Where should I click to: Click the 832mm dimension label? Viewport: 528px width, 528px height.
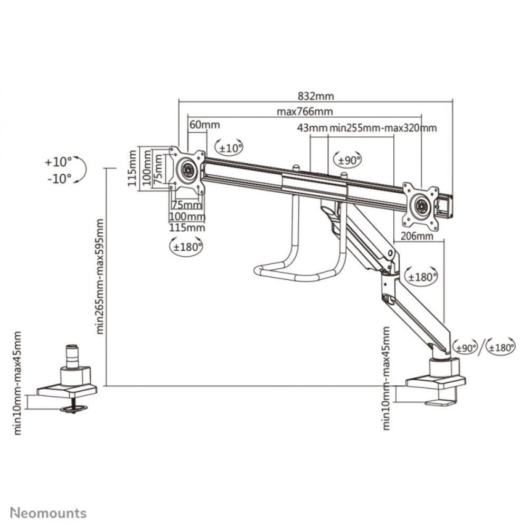(x=316, y=96)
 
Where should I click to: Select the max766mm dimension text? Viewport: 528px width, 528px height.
(x=305, y=111)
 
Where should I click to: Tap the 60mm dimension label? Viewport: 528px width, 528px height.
(x=204, y=125)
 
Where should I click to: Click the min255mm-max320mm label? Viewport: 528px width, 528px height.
(x=383, y=128)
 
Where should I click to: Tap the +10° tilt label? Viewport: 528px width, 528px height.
(x=58, y=162)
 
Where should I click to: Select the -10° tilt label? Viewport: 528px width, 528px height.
(x=58, y=178)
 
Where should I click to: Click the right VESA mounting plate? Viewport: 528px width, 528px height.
(x=420, y=206)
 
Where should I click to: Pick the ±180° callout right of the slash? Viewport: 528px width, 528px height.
(x=501, y=347)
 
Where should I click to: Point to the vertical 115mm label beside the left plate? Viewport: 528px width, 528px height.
(x=132, y=167)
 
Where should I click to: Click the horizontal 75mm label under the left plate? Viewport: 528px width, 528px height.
(x=186, y=205)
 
